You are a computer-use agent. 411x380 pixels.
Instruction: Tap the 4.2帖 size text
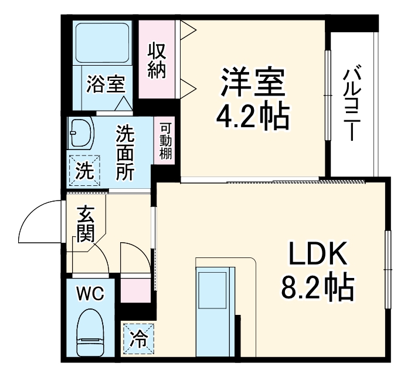[x=253, y=118]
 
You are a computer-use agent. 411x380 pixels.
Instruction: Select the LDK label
[x=317, y=255]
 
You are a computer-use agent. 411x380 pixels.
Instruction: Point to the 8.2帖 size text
[x=317, y=287]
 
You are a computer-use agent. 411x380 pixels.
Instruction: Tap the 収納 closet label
[x=157, y=60]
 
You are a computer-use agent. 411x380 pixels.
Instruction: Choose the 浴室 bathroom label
[x=105, y=84]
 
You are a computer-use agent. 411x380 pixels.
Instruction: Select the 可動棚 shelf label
[x=165, y=141]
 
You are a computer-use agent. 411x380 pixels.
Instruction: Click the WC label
[x=90, y=293]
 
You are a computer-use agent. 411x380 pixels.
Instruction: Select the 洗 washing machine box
[x=84, y=171]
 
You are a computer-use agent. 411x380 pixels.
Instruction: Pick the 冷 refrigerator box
[x=138, y=338]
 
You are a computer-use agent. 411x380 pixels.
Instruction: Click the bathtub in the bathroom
[x=102, y=45]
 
